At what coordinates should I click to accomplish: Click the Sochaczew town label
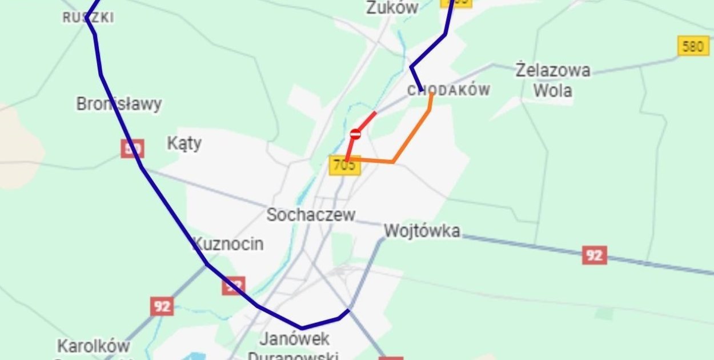311,215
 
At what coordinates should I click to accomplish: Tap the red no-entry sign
355,134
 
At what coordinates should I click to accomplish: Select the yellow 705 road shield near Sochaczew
344,166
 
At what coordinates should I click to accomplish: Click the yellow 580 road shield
693,46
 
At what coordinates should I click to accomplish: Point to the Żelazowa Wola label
552,80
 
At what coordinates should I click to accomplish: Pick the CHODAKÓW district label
449,90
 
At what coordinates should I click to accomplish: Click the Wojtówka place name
422,231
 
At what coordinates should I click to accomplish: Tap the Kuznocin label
228,244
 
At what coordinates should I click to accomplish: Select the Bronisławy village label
119,104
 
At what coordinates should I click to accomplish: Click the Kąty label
184,143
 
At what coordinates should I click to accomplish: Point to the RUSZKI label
88,18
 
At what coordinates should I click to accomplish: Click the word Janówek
294,338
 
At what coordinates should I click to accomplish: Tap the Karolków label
93,346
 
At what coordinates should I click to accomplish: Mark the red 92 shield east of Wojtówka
594,255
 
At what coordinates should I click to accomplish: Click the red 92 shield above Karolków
162,306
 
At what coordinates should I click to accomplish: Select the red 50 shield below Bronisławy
132,149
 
